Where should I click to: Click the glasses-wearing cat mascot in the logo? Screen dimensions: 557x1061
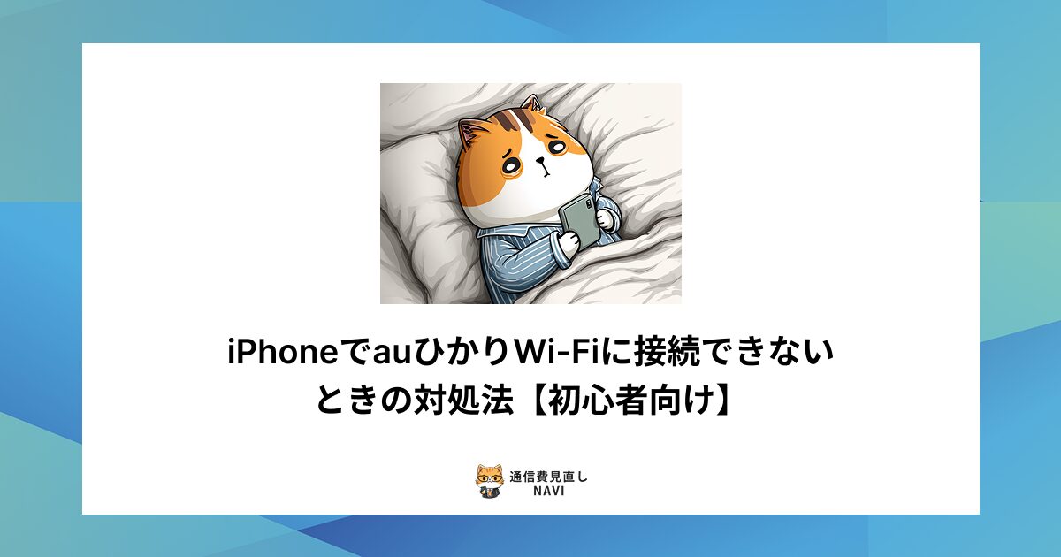489,480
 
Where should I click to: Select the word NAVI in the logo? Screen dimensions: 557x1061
549,491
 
